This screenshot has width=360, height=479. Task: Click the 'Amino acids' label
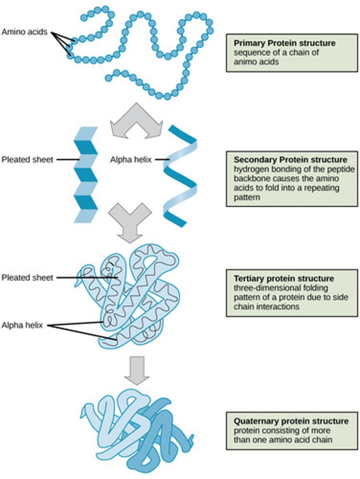(24, 32)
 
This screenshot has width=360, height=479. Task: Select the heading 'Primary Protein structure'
(284, 43)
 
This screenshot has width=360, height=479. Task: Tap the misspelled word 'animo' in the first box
(245, 62)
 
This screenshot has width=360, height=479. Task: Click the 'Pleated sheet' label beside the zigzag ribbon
(27, 160)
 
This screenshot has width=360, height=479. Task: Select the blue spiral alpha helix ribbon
(180, 176)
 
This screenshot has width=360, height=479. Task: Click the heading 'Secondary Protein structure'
(290, 159)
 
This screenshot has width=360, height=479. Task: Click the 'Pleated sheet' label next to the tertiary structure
(27, 277)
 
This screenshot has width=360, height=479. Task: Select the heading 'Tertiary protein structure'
(284, 278)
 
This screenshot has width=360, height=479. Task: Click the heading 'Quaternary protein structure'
(291, 421)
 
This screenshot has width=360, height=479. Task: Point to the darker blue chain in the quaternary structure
(160, 439)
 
